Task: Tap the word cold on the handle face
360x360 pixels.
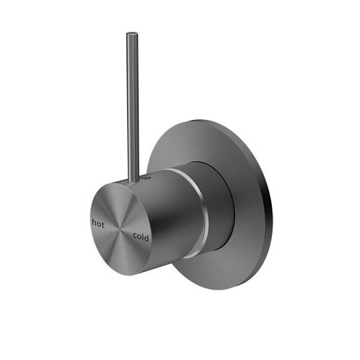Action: coord(141,236)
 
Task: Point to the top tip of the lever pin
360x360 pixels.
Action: coord(131,34)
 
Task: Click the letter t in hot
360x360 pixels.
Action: coord(102,223)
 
